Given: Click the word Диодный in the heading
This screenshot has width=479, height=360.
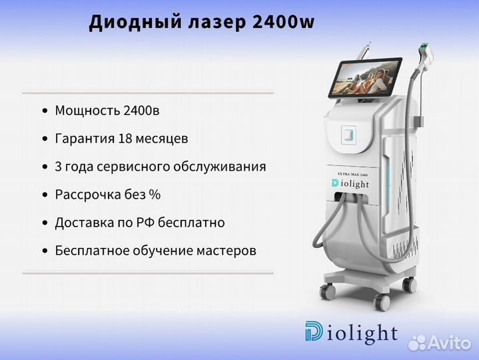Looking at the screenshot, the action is coord(135,23).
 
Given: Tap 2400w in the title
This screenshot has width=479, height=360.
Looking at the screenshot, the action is coord(284,22).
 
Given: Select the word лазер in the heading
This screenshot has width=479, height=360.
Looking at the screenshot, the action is coord(217,23).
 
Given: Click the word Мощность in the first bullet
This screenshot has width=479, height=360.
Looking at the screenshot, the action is coord(87,110).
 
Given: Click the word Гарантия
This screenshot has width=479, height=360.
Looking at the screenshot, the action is coord(85,139).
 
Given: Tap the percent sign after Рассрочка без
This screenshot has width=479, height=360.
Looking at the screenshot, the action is coord(155,195).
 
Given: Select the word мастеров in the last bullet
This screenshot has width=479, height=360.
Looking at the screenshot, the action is coord(226,251).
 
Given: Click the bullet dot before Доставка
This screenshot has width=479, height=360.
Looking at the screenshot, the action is coord(45,223).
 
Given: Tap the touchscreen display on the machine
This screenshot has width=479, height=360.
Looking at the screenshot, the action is coord(365,77).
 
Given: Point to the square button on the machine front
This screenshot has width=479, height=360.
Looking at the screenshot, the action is coord(348,135).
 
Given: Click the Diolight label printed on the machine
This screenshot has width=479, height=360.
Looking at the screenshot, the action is coord(350,183).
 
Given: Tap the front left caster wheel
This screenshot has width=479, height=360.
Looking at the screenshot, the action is coord(328,291).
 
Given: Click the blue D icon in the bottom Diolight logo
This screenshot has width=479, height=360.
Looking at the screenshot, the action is coord(313,331).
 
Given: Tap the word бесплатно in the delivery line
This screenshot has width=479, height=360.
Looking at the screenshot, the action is coord(191,223).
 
